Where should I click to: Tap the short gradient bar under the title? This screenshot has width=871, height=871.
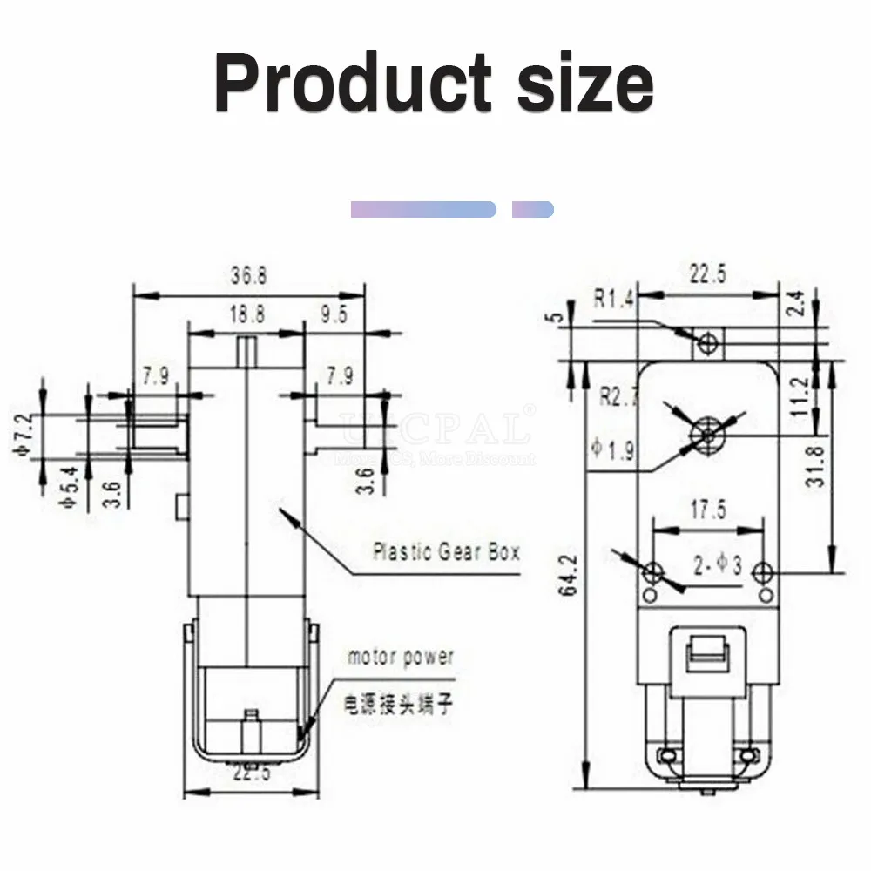click(x=533, y=209)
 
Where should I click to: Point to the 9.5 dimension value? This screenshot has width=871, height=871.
click(x=332, y=314)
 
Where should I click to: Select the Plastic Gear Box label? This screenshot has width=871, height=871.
click(x=445, y=551)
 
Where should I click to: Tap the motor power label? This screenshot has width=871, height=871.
click(x=401, y=657)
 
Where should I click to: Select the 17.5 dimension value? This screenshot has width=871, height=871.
click(x=706, y=510)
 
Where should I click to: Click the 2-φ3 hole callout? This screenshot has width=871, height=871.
click(x=717, y=567)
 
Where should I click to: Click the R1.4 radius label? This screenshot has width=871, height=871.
click(x=616, y=300)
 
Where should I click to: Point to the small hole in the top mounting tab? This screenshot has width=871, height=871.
click(x=710, y=342)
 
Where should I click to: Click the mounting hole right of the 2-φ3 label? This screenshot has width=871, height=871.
click(x=763, y=572)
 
